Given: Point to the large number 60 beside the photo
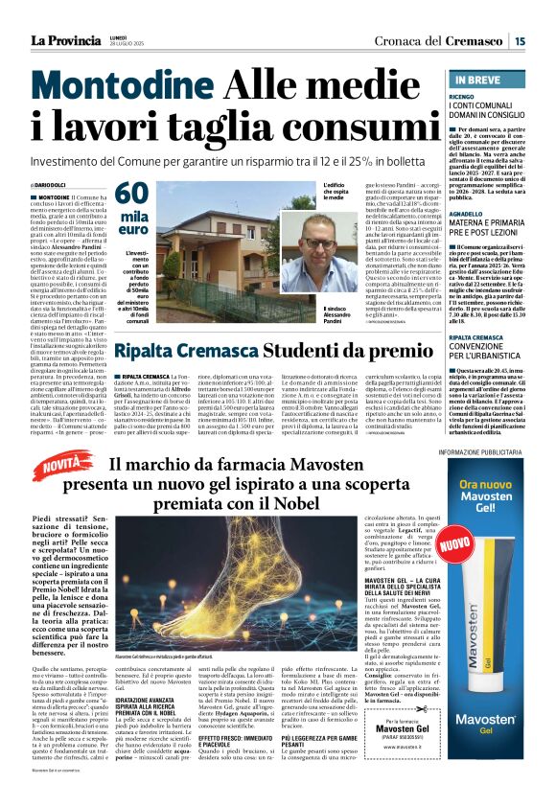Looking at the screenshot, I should (x=131, y=195).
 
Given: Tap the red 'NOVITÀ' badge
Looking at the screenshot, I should (x=63, y=468).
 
